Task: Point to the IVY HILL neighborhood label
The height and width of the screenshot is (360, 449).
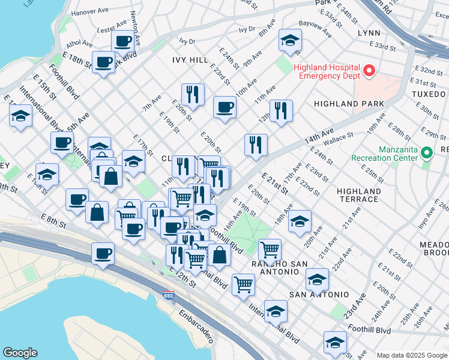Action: click(190, 61)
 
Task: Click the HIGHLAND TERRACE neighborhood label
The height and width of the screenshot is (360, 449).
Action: click(358, 195)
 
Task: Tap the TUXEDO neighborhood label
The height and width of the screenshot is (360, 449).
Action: click(429, 94)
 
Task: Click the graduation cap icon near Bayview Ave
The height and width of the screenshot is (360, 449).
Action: click(290, 41)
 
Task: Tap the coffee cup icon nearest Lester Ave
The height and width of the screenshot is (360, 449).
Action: click(122, 41)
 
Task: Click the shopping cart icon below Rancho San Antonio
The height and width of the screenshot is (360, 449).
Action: click(243, 283)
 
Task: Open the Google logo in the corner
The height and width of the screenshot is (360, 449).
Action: click(20, 353)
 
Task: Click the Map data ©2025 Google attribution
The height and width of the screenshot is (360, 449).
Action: click(411, 355)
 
